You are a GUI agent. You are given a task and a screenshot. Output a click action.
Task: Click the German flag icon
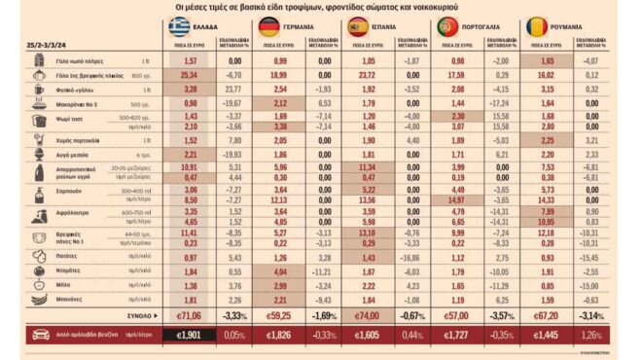(268, 26)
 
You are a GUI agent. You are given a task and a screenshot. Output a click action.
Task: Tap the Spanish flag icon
(358, 26)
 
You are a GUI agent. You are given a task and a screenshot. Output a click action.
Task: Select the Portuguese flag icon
(448, 26)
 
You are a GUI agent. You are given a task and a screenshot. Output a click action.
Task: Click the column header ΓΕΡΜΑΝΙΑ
(304, 27)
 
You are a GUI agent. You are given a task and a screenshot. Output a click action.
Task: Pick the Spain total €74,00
(369, 316)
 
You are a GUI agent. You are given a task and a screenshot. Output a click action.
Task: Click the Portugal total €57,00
(458, 316)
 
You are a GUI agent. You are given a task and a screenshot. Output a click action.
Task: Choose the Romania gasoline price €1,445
(549, 335)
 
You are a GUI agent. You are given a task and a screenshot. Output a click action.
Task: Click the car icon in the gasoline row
(42, 335)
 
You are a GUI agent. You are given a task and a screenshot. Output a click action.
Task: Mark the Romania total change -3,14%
(589, 316)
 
